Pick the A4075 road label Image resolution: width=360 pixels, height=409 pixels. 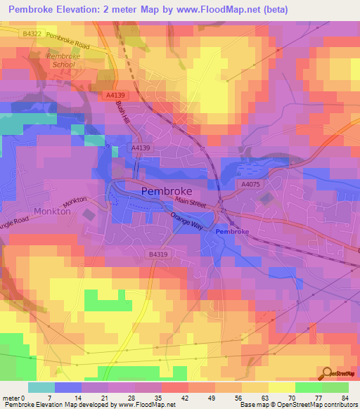[x=250, y=184]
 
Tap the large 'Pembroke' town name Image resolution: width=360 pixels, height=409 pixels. [x=167, y=190]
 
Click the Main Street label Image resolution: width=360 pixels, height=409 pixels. [x=192, y=204]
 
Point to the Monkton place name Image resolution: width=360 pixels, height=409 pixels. [x=52, y=210]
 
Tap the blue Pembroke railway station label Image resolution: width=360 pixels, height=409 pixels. [x=232, y=231]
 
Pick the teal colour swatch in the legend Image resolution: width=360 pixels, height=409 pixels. [x=41, y=387]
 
